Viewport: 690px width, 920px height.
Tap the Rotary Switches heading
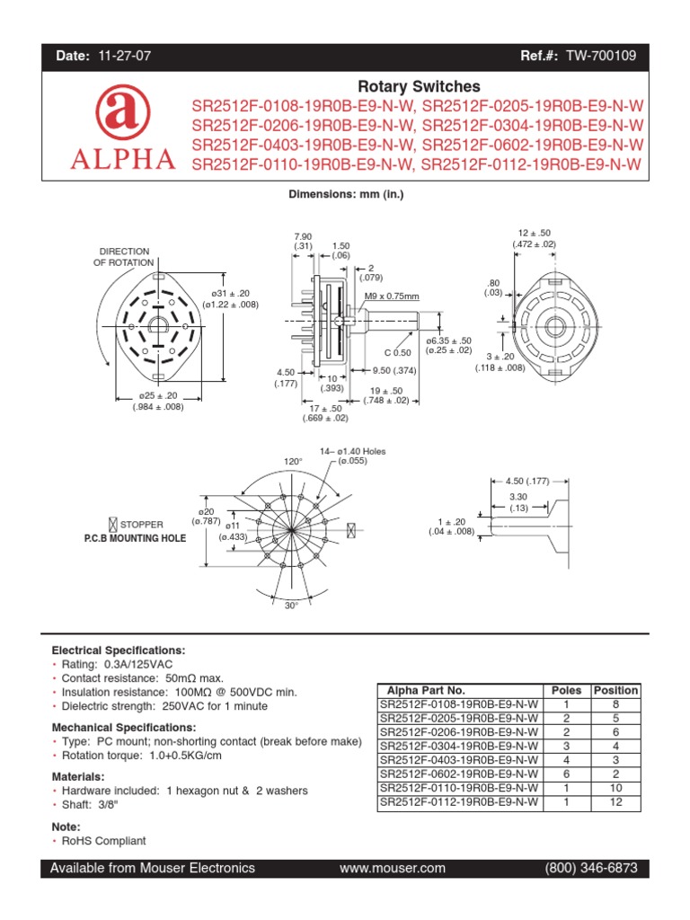419,87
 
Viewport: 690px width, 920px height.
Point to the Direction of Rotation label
124,257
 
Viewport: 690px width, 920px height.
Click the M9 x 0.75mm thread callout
392,296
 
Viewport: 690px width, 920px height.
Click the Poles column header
566,690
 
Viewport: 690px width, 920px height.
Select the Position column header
615,690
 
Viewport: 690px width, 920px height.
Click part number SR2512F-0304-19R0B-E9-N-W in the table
459,746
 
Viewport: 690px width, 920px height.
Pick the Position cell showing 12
615,801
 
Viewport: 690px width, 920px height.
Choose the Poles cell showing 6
566,774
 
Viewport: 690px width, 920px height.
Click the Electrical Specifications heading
119,650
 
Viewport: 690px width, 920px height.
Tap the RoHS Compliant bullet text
103,841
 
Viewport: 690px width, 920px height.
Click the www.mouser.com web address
393,868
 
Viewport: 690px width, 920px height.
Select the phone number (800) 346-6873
591,868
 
